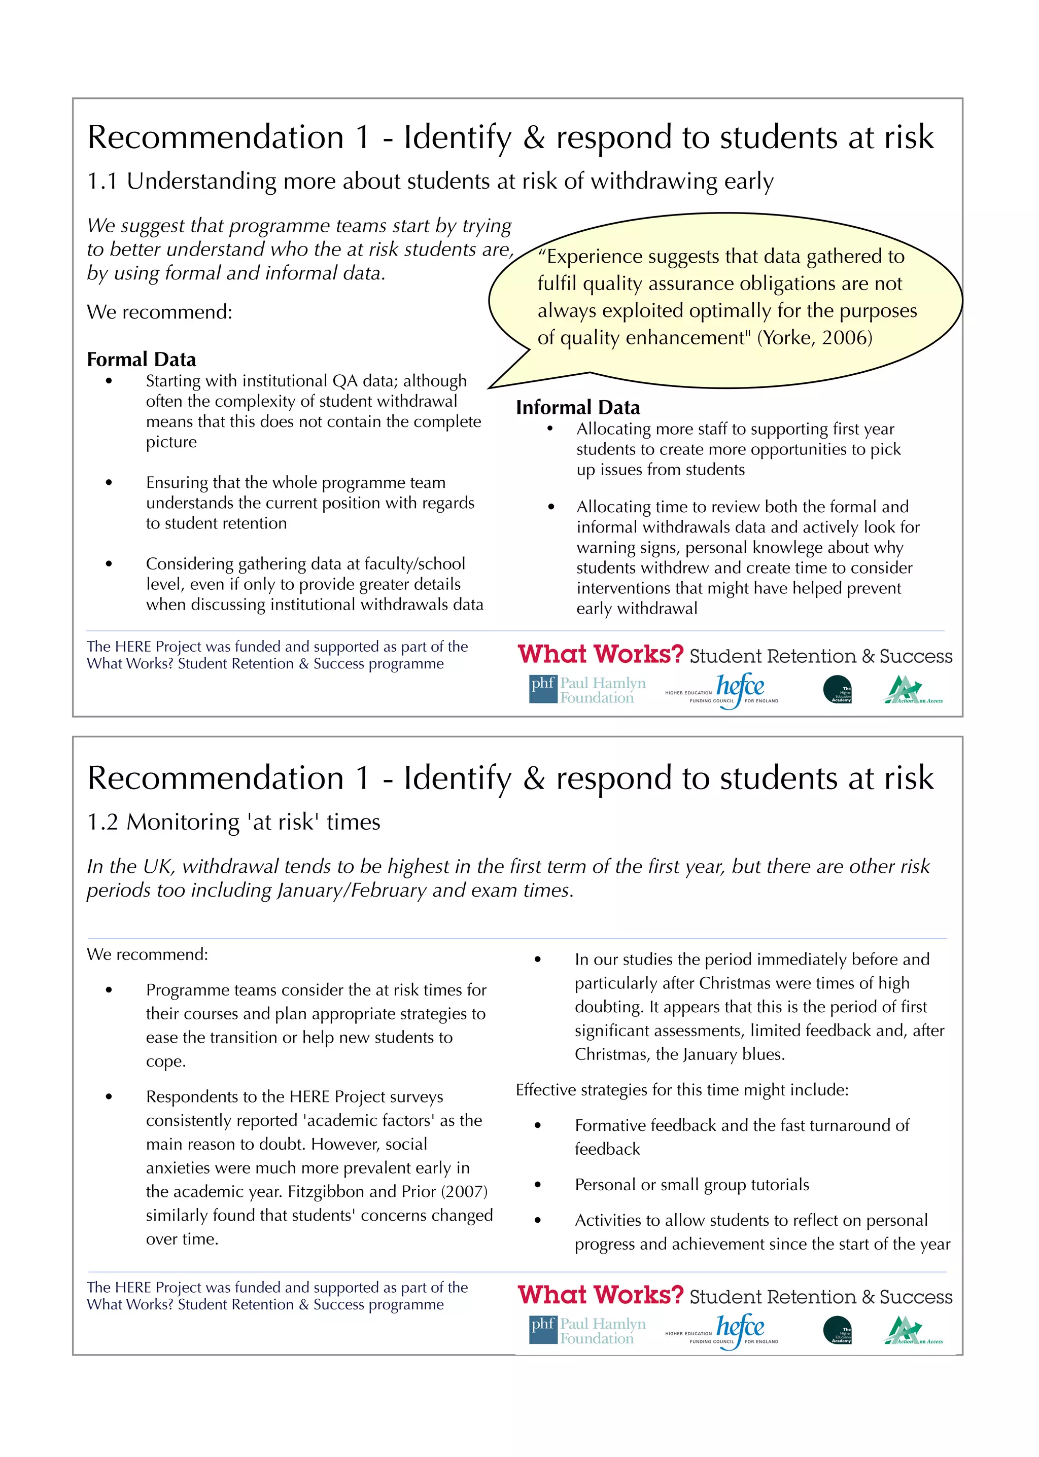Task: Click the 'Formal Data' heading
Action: point(142,360)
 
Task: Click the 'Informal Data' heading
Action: point(578,407)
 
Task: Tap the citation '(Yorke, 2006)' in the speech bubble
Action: point(814,338)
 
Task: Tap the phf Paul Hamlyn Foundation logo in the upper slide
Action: point(587,690)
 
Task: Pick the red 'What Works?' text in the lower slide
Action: point(600,1295)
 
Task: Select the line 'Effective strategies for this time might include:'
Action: point(682,1090)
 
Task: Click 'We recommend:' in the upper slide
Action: point(159,312)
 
